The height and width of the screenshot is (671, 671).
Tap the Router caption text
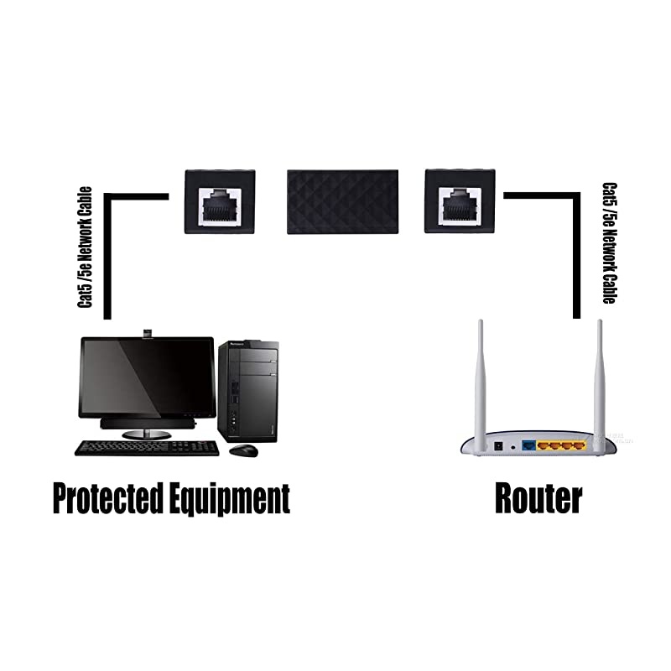[x=538, y=498]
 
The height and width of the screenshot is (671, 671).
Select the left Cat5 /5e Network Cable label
[x=86, y=247]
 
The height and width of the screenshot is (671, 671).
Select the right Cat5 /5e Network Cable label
[x=610, y=243]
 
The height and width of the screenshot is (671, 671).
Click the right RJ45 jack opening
[x=459, y=204]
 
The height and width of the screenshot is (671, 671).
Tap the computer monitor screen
[x=148, y=377]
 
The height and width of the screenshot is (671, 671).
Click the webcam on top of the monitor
[x=148, y=333]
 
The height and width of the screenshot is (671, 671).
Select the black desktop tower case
[x=248, y=390]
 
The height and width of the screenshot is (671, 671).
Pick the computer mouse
[x=243, y=450]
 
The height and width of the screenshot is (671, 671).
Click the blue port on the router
[x=529, y=446]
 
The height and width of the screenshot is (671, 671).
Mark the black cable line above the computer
[x=107, y=252]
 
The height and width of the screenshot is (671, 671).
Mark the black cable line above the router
[x=576, y=252]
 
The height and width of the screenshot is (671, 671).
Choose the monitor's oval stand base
[x=148, y=434]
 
